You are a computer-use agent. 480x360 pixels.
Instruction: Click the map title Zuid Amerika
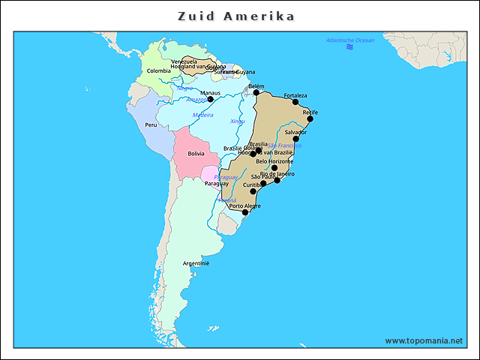pos(235,16)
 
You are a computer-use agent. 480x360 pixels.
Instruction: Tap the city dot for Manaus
pos(210,99)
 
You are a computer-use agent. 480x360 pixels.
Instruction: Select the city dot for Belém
pos(256,92)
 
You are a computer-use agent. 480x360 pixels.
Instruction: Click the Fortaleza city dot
pos(295,101)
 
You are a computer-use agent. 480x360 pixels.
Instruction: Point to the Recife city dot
pos(310,118)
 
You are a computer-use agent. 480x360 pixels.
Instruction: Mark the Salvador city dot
pos(295,138)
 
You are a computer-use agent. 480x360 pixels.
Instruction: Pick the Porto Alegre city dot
pos(245,212)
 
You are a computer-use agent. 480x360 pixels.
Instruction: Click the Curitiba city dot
pos(253,191)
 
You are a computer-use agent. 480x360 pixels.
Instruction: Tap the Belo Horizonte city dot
pos(274,168)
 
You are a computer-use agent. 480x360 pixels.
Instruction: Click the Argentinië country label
pos(196,263)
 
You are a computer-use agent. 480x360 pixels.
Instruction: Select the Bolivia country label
pos(196,153)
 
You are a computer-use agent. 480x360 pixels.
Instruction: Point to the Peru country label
pos(151,125)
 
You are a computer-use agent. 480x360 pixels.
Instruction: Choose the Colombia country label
pos(158,70)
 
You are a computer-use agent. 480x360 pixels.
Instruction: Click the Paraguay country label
pos(216,183)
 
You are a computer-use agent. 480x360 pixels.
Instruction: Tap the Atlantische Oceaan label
pos(349,40)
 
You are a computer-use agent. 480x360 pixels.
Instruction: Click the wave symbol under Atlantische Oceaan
pos(349,47)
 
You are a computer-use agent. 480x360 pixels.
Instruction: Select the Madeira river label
pos(202,115)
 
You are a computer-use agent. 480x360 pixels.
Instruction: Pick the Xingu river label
pos(237,121)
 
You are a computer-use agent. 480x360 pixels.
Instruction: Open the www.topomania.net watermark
pos(424,340)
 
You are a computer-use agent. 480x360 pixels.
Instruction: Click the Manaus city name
pos(210,93)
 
